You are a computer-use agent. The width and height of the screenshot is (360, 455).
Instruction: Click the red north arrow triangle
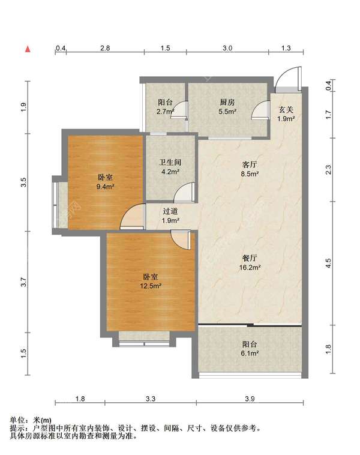(28, 49)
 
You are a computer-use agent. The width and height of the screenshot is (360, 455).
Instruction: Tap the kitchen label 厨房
(227, 102)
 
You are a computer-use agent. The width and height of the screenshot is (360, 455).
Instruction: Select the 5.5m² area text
(227, 111)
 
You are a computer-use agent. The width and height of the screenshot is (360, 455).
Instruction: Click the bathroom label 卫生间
(170, 162)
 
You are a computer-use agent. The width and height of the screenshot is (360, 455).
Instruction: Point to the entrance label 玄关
(286, 110)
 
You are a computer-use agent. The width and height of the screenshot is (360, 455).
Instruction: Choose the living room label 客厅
(250, 164)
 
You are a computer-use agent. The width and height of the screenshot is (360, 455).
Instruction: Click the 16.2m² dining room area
(250, 267)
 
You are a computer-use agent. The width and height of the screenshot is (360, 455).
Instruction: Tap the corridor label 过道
(170, 211)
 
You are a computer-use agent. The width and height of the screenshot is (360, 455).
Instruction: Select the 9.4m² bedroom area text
(106, 187)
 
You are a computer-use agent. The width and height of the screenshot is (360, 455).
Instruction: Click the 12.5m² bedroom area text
(151, 286)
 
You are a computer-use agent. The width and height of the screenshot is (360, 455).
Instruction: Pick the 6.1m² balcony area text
(250, 353)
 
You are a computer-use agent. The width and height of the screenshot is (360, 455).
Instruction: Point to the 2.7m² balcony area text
(166, 111)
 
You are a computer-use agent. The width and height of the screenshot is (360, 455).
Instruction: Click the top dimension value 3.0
(227, 48)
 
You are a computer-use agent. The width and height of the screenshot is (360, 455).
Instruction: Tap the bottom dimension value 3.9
(250, 399)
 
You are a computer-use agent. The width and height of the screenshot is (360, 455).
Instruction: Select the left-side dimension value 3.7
(23, 282)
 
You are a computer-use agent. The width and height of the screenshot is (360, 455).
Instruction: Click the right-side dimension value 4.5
(328, 263)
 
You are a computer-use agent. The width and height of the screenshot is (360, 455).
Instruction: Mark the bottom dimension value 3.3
(151, 399)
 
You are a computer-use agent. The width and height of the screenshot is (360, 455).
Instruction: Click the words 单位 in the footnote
(17, 420)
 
